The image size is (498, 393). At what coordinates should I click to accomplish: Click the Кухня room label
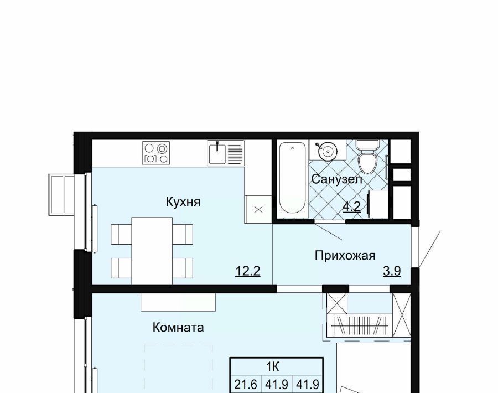point(183,201)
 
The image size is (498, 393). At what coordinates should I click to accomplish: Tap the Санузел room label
point(336,179)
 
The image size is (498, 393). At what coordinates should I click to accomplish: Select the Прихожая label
point(345,255)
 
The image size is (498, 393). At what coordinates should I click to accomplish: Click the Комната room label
point(178,327)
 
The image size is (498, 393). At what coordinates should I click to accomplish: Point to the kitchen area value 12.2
point(248,271)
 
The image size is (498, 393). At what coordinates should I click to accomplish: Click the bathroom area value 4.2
point(351,207)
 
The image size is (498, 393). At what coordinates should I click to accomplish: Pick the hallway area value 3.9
point(392,271)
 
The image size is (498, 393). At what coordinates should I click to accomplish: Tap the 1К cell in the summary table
point(273,367)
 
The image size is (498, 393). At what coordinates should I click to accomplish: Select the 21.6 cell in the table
point(246,385)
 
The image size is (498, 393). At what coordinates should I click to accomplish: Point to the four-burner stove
point(155,153)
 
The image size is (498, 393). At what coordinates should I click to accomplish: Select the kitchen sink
point(226,153)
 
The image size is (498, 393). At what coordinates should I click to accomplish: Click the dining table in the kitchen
point(152,251)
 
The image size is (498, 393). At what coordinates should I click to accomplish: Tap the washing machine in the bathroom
point(378,204)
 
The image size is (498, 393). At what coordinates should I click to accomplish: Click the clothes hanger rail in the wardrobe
point(360,325)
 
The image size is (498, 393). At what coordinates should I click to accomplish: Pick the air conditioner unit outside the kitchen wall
point(61,194)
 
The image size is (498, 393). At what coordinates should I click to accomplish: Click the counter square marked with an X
point(258,209)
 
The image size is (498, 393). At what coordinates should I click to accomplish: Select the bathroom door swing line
point(328,231)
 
